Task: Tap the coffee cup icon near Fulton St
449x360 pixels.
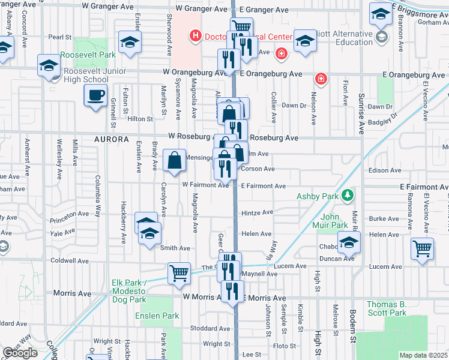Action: coord(96,96)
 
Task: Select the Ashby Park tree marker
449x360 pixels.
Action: coord(346,196)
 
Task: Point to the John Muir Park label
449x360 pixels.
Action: coord(334,221)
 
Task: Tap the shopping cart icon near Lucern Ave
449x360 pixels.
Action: coord(179,274)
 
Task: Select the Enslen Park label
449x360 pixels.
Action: coord(157,316)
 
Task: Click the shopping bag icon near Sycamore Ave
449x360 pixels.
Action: coord(174,161)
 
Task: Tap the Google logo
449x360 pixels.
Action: coord(20,353)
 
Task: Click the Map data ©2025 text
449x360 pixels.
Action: coord(423,355)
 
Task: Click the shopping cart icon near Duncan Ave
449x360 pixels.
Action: coord(423,247)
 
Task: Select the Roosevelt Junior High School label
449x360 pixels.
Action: coord(86,75)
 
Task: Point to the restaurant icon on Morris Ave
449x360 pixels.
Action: coord(232,292)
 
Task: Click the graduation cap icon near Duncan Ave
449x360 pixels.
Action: coord(349,244)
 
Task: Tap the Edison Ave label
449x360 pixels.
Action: coord(385,170)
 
